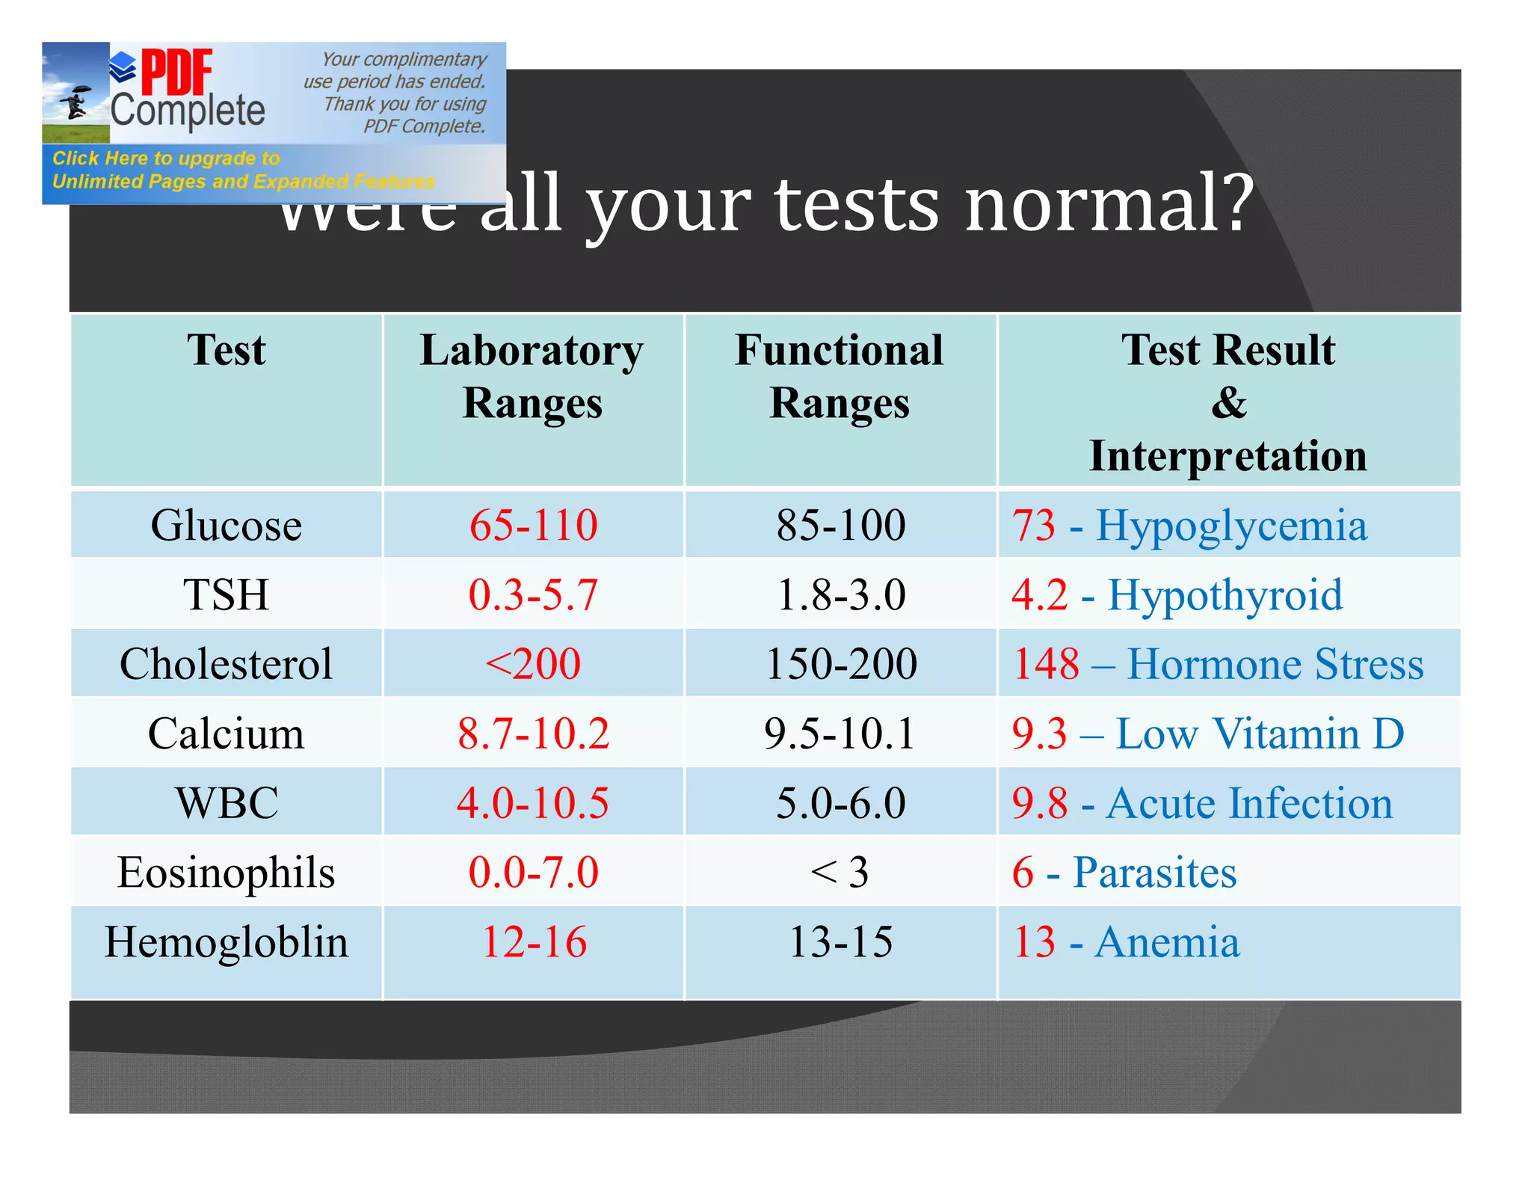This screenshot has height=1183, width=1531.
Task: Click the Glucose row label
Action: pyautogui.click(x=226, y=525)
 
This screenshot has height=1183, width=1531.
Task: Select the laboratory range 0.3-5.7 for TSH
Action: pyautogui.click(x=533, y=594)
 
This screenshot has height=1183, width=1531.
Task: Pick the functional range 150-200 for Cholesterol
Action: pyautogui.click(x=841, y=664)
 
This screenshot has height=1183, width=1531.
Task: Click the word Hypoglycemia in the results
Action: pyautogui.click(x=1231, y=525)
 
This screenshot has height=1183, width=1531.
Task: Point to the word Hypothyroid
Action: pyautogui.click(x=1225, y=594)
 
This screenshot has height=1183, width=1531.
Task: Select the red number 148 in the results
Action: pyautogui.click(x=1046, y=664)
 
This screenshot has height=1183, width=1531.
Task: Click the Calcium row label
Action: pyautogui.click(x=226, y=733)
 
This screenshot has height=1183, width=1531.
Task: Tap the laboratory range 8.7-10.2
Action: pyautogui.click(x=533, y=733)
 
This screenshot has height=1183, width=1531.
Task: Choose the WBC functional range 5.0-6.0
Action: pyautogui.click(x=841, y=802)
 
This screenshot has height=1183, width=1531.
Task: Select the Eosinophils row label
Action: pyautogui.click(x=226, y=872)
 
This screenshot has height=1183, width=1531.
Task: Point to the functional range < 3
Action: pyautogui.click(x=840, y=872)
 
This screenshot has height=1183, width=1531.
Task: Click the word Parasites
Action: pyautogui.click(x=1154, y=872)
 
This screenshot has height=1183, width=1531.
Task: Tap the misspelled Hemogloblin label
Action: pyautogui.click(x=226, y=941)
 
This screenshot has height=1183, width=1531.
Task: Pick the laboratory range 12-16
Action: pyautogui.click(x=533, y=941)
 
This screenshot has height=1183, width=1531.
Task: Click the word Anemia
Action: pyautogui.click(x=1166, y=941)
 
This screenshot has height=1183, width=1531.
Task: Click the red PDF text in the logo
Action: pyautogui.click(x=176, y=73)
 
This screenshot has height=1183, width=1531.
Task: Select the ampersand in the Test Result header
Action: pyautogui.click(x=1228, y=402)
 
